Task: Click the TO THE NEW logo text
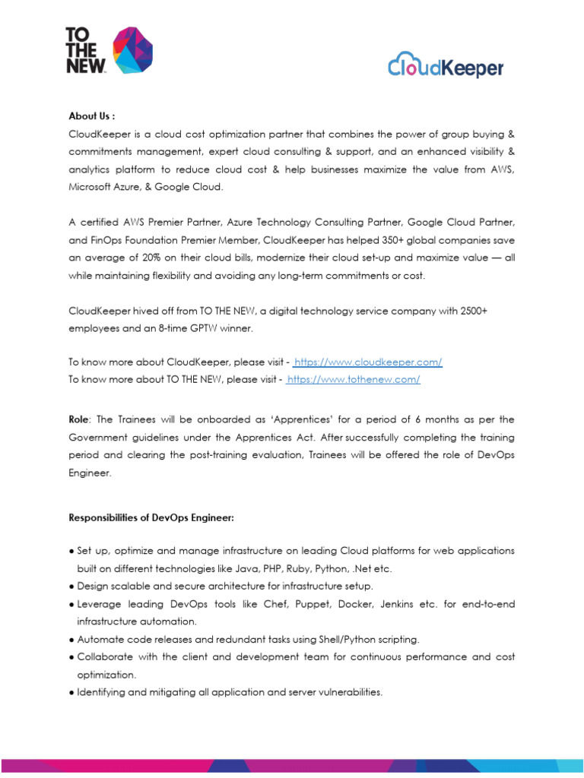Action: [x=84, y=50]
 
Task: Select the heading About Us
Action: [x=91, y=116]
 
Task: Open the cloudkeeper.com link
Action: [x=368, y=362]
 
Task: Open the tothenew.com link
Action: [x=354, y=379]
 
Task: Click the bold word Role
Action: [x=81, y=419]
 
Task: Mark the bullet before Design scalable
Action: [x=72, y=586]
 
